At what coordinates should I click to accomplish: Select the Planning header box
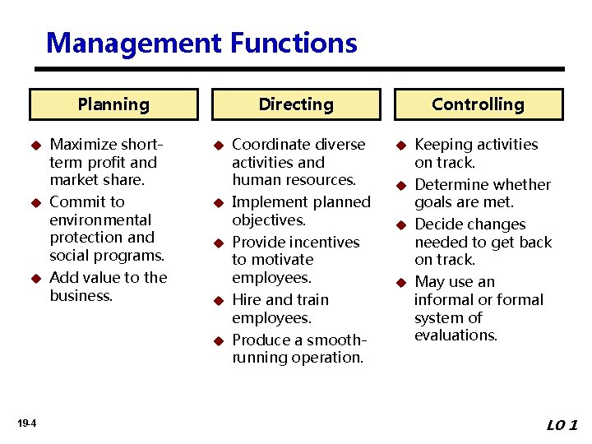[113, 104]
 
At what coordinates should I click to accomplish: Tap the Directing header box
[296, 104]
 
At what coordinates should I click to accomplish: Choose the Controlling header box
[478, 104]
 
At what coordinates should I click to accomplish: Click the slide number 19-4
[25, 423]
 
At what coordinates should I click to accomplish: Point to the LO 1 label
[562, 425]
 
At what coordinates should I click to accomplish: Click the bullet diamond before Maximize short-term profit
[35, 146]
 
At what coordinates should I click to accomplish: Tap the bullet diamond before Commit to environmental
[35, 202]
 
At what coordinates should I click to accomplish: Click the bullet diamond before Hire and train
[218, 301]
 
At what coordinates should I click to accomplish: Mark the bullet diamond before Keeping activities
[400, 146]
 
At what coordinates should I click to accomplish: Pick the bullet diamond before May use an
[400, 283]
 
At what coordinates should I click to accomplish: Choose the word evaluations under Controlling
[456, 335]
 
